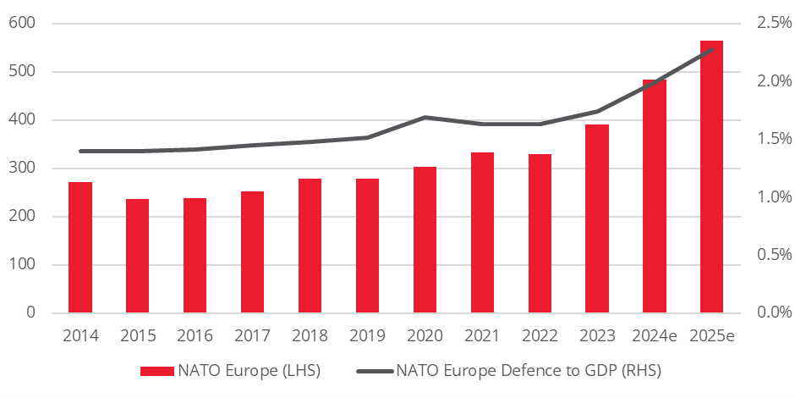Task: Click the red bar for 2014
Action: click(x=80, y=247)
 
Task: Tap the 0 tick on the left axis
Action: click(x=30, y=312)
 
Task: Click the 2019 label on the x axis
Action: click(x=367, y=336)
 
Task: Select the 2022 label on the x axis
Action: click(x=540, y=336)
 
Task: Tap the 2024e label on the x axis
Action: click(x=654, y=336)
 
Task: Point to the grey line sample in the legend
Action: click(x=374, y=370)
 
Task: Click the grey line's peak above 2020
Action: click(x=425, y=117)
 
